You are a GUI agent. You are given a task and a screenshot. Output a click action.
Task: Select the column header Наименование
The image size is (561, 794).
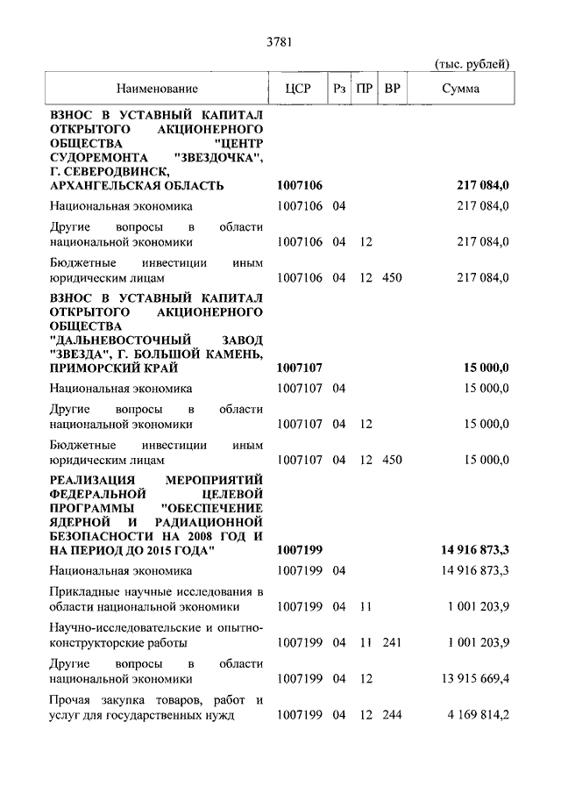154,89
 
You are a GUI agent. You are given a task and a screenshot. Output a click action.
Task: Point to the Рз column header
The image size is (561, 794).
339,89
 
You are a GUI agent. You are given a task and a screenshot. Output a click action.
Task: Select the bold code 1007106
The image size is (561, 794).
300,186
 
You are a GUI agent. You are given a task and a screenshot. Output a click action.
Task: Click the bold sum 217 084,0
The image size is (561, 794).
483,186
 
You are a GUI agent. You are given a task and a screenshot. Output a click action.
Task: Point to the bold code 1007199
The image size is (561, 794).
300,551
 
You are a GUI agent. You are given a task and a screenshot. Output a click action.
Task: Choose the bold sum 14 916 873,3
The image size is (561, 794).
470,551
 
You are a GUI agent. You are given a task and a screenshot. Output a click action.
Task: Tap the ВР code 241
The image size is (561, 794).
392,642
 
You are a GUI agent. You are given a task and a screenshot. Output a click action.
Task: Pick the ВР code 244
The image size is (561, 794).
392,715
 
